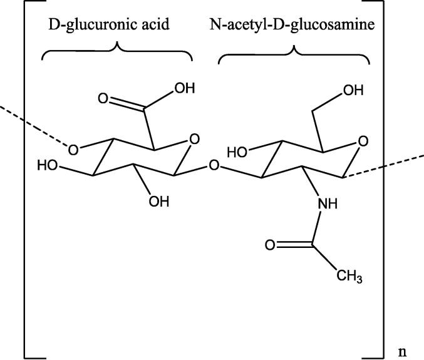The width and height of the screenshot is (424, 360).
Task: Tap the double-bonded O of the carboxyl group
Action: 104,99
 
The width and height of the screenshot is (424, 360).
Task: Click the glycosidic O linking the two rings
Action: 214,167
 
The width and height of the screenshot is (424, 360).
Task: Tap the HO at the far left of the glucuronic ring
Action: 47,167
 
